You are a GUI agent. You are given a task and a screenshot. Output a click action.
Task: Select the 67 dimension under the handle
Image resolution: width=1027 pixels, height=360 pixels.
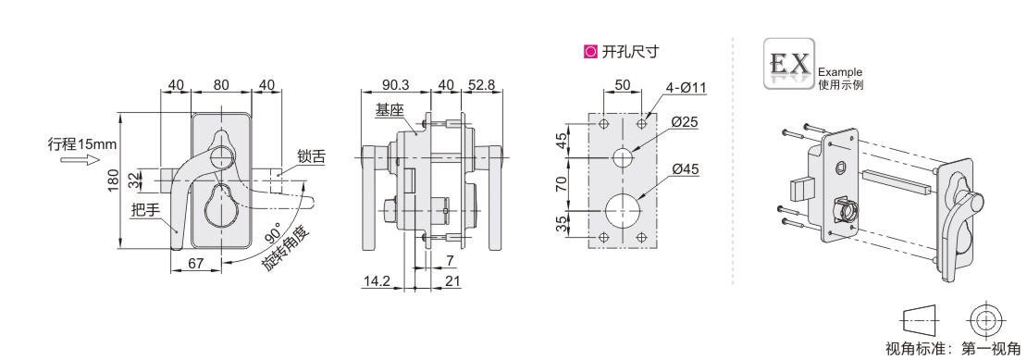[194, 263]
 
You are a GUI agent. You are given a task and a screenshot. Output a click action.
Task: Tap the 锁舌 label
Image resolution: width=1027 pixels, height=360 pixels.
[311, 156]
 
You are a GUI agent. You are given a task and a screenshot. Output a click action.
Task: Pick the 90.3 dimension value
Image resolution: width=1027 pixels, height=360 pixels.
[396, 85]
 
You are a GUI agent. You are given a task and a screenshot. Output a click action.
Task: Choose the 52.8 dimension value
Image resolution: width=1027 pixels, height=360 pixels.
[481, 85]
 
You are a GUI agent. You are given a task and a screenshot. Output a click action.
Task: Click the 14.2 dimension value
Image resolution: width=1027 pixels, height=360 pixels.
[377, 280]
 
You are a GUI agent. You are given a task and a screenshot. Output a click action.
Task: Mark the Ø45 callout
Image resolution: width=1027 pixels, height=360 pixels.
[685, 169]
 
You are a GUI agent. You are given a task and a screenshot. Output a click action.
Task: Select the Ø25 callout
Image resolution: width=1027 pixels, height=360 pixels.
[685, 122]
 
